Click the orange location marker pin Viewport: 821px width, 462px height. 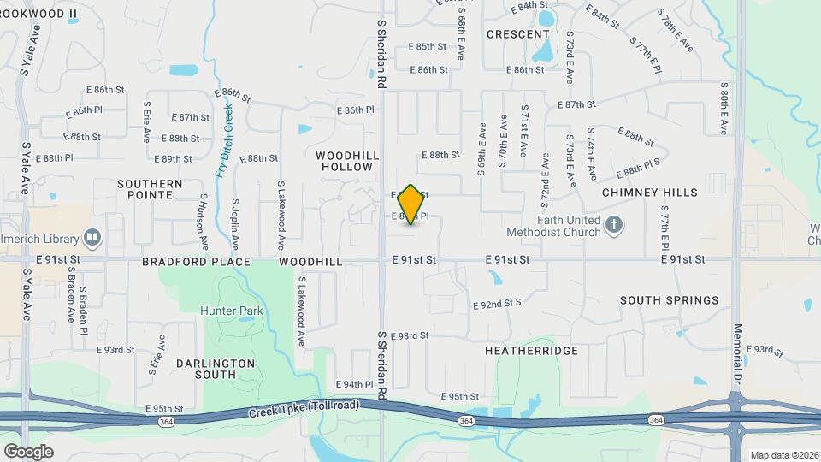pyautogui.click(x=410, y=204)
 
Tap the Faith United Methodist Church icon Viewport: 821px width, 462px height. pyautogui.click(x=612, y=226)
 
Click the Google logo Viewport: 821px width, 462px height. pyautogui.click(x=28, y=451)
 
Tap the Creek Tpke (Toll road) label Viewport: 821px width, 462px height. pyautogui.click(x=304, y=409)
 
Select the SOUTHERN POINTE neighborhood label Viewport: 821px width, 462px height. pyautogui.click(x=150, y=190)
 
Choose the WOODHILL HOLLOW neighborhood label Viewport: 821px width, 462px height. pyautogui.click(x=347, y=161)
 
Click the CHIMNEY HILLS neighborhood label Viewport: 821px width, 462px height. pyautogui.click(x=650, y=192)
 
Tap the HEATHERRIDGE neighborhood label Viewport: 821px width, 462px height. pyautogui.click(x=531, y=351)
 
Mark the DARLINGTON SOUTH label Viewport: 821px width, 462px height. pyautogui.click(x=216, y=369)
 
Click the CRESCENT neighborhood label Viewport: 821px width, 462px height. pyautogui.click(x=518, y=34)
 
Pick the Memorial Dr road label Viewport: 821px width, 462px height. pyautogui.click(x=737, y=352)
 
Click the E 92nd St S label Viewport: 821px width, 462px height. pyautogui.click(x=497, y=303)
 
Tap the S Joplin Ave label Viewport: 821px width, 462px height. pyautogui.click(x=236, y=220)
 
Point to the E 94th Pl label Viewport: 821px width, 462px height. pyautogui.click(x=354, y=384)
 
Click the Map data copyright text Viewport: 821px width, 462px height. pyautogui.click(x=783, y=455)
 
